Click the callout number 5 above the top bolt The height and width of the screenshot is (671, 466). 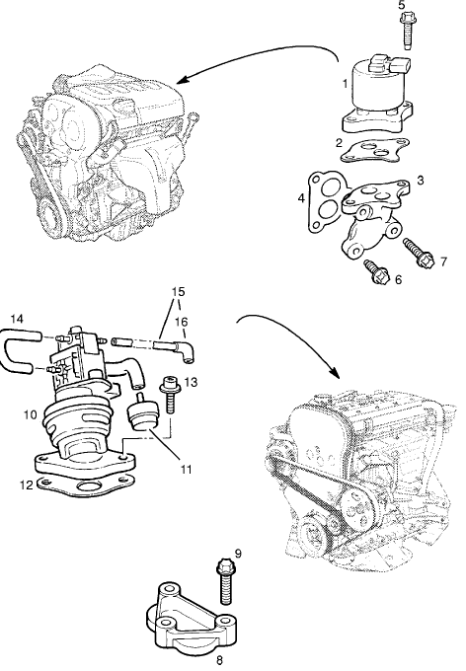401,5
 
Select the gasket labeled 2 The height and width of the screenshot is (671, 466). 374,151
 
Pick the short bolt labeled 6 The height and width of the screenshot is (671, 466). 376,271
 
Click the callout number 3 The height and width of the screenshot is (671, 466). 421,181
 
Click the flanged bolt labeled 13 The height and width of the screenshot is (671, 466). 171,394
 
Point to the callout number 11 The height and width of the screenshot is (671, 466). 186,470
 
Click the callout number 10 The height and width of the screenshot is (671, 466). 31,414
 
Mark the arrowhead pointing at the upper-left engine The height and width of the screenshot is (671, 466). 183,80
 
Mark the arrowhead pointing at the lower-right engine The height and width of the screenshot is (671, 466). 335,371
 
